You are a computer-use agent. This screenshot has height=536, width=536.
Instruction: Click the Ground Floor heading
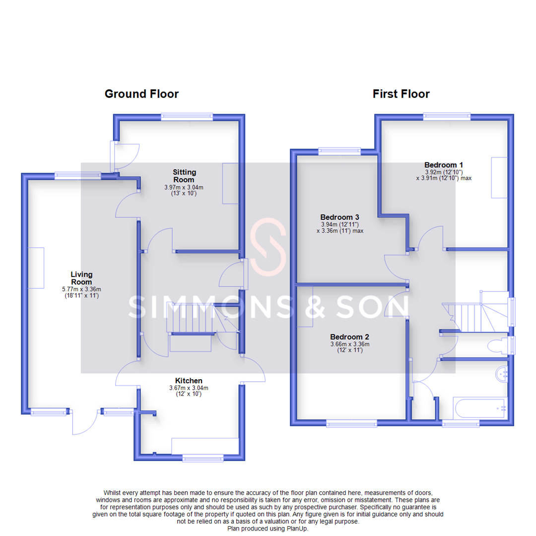(x=141, y=94)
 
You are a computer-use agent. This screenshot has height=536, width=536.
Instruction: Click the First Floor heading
(x=401, y=94)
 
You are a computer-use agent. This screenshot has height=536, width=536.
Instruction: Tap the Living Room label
(x=81, y=277)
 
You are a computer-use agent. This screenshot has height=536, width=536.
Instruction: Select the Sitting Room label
(x=184, y=176)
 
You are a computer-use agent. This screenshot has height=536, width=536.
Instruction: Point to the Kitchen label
(x=189, y=381)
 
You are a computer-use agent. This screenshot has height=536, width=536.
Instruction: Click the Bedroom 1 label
(x=444, y=165)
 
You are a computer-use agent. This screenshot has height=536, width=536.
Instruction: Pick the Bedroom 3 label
(x=339, y=217)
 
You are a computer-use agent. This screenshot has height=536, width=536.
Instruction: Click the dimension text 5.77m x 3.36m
(x=81, y=289)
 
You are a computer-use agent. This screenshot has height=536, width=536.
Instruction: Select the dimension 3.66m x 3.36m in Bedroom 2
(x=350, y=344)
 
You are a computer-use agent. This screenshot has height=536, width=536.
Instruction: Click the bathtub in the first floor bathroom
(x=479, y=409)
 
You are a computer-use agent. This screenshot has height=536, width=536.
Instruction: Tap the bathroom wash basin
(x=502, y=374)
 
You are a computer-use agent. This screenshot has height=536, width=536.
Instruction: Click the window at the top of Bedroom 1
(x=447, y=117)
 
